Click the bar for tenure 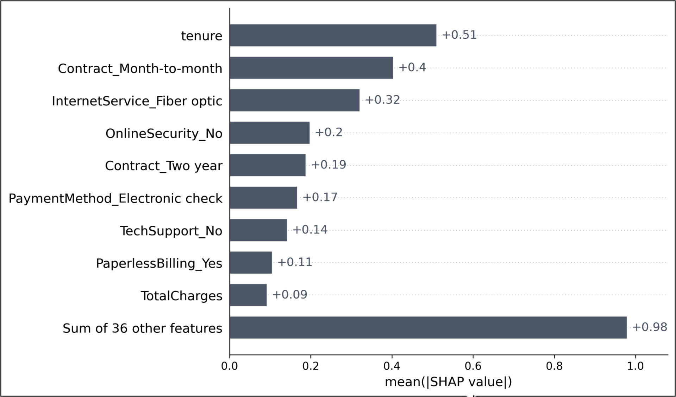click(x=333, y=35)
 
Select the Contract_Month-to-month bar click(x=311, y=68)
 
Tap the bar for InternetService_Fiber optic click(x=294, y=100)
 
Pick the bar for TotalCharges click(x=248, y=295)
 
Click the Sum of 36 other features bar click(x=428, y=327)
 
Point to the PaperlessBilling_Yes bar click(x=251, y=263)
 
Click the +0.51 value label click(x=459, y=35)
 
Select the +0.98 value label click(x=650, y=327)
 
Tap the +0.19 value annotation click(x=328, y=165)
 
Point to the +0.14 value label click(x=310, y=230)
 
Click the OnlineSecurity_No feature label click(x=164, y=133)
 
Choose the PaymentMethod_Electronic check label click(x=115, y=198)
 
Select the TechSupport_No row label click(x=171, y=231)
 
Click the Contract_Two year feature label click(x=164, y=166)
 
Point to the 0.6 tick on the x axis click(x=473, y=366)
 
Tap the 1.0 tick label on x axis click(x=635, y=366)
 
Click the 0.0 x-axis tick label click(x=230, y=366)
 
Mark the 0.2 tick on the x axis click(x=311, y=366)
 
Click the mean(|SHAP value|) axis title click(x=448, y=382)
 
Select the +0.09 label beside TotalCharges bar click(x=289, y=294)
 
